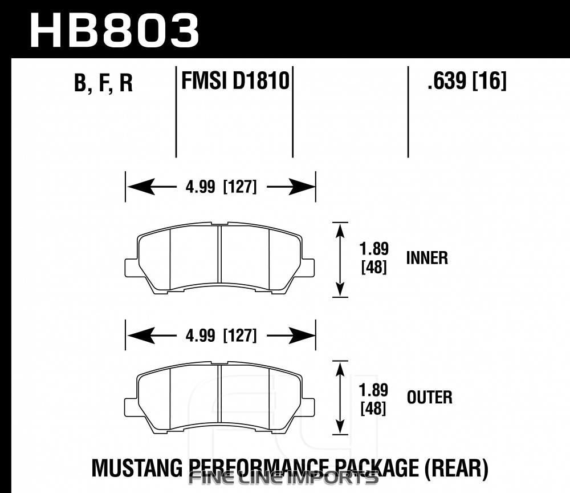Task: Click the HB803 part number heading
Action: click(x=115, y=31)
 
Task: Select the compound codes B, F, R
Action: click(x=104, y=83)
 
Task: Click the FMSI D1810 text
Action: click(x=235, y=80)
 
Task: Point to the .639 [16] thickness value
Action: click(x=467, y=80)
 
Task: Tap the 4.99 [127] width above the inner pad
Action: click(x=221, y=187)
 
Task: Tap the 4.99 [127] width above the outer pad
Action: click(x=221, y=335)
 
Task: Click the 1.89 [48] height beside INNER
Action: click(x=374, y=258)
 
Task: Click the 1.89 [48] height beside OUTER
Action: click(x=373, y=399)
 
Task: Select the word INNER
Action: click(x=427, y=258)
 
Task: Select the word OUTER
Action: click(x=430, y=397)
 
